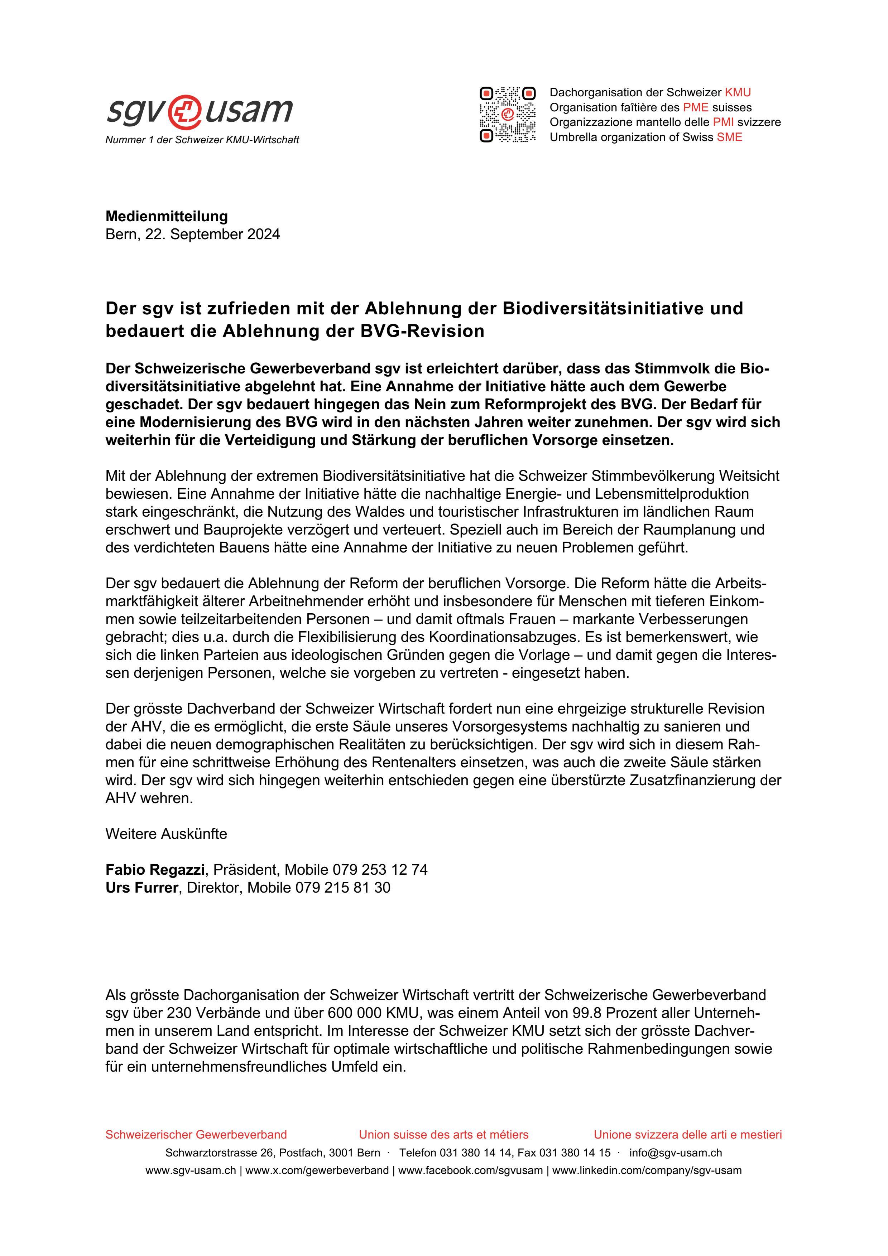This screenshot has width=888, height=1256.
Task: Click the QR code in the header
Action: (507, 115)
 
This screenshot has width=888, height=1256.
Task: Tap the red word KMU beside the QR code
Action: (738, 92)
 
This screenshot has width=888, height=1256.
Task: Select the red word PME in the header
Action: (695, 107)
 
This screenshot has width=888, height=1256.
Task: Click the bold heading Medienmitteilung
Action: (166, 216)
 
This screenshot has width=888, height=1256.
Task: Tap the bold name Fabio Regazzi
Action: (155, 869)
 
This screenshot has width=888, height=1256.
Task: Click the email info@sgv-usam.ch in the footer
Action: (675, 1153)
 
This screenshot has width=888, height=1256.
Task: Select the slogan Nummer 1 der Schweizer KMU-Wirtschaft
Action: (202, 140)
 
